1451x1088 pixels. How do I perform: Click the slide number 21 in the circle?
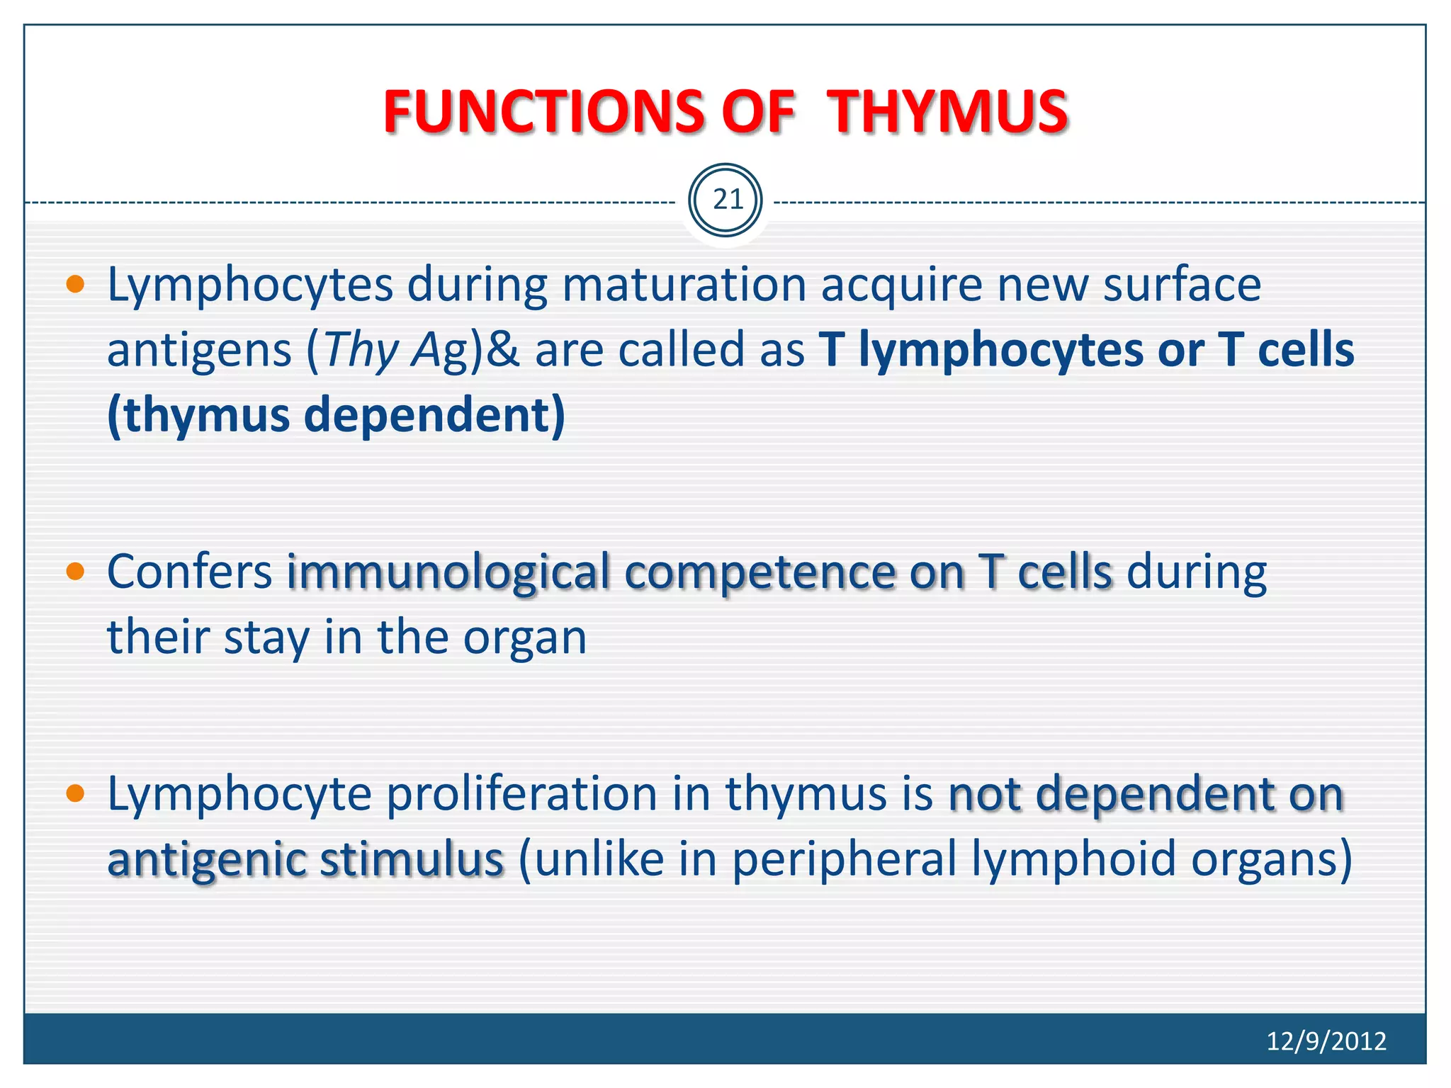(x=726, y=200)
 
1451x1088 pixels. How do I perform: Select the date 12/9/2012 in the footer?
(x=1326, y=1041)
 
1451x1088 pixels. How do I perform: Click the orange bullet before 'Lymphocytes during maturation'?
(x=75, y=285)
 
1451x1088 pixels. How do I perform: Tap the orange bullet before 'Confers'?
(x=75, y=572)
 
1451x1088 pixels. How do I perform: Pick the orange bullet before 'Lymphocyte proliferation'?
(x=75, y=793)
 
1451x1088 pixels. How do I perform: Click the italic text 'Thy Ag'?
(x=397, y=350)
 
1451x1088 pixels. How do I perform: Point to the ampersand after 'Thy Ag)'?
(x=503, y=350)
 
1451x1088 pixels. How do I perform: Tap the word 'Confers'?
(x=189, y=572)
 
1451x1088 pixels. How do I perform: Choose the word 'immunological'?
(x=448, y=572)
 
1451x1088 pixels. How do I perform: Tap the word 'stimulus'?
(x=412, y=858)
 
